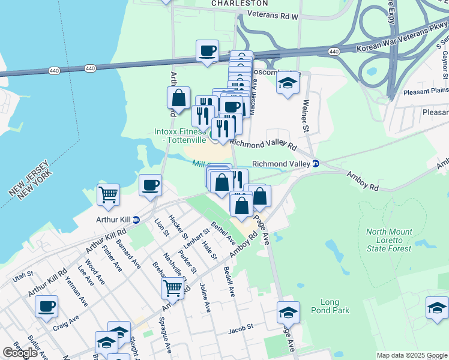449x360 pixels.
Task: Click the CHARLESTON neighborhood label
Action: [x=240, y=3]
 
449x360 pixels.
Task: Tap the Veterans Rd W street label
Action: [x=273, y=17]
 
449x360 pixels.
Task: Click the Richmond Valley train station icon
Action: [x=316, y=163]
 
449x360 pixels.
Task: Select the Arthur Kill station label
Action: [x=113, y=220]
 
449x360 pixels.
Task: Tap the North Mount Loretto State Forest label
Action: [x=390, y=240]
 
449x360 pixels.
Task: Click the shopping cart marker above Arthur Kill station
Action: [x=108, y=194]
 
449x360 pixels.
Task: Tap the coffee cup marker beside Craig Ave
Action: [x=46, y=307]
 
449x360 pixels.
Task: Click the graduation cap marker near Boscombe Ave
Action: [x=288, y=83]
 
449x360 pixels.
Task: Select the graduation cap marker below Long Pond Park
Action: [x=288, y=313]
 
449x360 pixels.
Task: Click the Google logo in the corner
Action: [x=20, y=352]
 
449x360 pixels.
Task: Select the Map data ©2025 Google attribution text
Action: [x=411, y=355]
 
